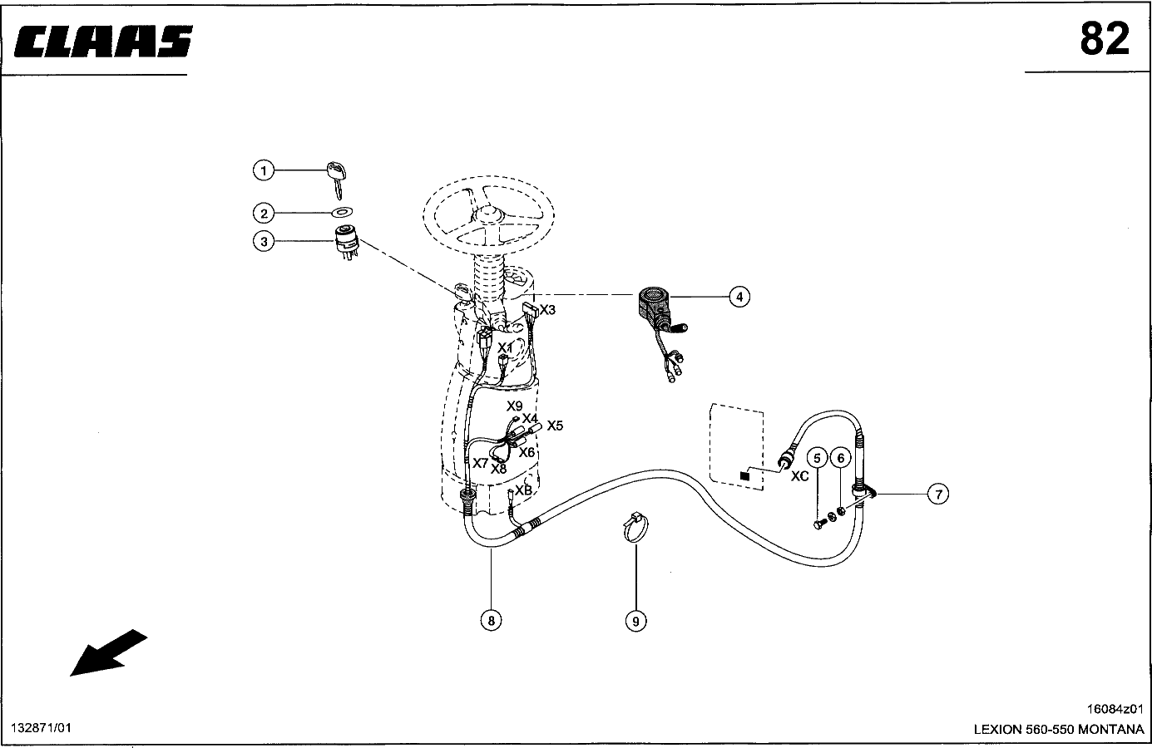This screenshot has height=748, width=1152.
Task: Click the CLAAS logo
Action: pos(103,41)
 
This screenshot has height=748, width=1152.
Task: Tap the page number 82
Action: pos(1104,39)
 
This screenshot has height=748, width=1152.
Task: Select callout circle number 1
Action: pos(264,170)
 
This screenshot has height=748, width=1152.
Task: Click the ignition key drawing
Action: pos(336,180)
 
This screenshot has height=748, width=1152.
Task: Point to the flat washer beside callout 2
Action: pos(342,212)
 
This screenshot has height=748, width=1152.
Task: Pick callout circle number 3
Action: pos(264,242)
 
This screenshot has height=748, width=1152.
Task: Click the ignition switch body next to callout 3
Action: pos(347,242)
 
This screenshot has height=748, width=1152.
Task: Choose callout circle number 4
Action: pos(739,297)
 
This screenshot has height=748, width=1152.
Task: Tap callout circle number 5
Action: pos(817,458)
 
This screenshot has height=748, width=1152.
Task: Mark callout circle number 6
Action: pos(841,458)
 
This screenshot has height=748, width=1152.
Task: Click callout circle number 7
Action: pos(938,495)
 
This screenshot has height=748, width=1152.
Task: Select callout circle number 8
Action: pos(491,621)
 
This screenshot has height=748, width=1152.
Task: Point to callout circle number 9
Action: pos(635,621)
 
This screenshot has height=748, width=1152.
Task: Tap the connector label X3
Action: pos(547,310)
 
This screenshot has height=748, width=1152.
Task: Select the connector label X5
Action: pos(555,426)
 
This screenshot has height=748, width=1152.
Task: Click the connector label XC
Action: pos(799,476)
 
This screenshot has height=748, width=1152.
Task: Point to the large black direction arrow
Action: pos(108,652)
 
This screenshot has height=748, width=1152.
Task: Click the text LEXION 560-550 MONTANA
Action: pos(1059,729)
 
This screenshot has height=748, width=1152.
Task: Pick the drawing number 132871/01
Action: pos(41,728)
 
